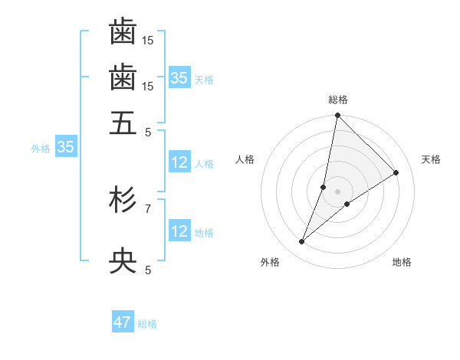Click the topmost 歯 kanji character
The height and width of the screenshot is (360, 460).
coord(123,31)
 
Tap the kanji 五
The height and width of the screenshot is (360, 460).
coord(123,123)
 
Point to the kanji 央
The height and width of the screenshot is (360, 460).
coord(123,261)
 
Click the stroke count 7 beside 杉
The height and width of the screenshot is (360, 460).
coord(148,208)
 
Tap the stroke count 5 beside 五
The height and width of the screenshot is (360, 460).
coord(148,132)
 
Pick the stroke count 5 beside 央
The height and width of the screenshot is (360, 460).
coord(148,270)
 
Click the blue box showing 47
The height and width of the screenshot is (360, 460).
coord(123,322)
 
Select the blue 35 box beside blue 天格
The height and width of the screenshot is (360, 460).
coord(179,77)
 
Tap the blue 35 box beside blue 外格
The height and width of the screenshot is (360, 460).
coord(65,147)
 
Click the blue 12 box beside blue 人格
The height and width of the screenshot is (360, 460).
coord(179,162)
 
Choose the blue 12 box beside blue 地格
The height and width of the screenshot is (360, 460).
coord(179,231)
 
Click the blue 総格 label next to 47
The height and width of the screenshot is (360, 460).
coord(147,324)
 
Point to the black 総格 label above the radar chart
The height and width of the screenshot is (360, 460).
coord(338,100)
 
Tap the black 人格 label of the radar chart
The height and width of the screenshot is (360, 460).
coord(245,159)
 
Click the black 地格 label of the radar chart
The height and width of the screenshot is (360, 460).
coord(402,263)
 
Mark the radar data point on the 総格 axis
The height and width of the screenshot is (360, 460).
coord(337,116)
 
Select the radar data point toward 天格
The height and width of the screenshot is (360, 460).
coord(396,172)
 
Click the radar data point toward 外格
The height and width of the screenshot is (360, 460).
coord(302,242)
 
